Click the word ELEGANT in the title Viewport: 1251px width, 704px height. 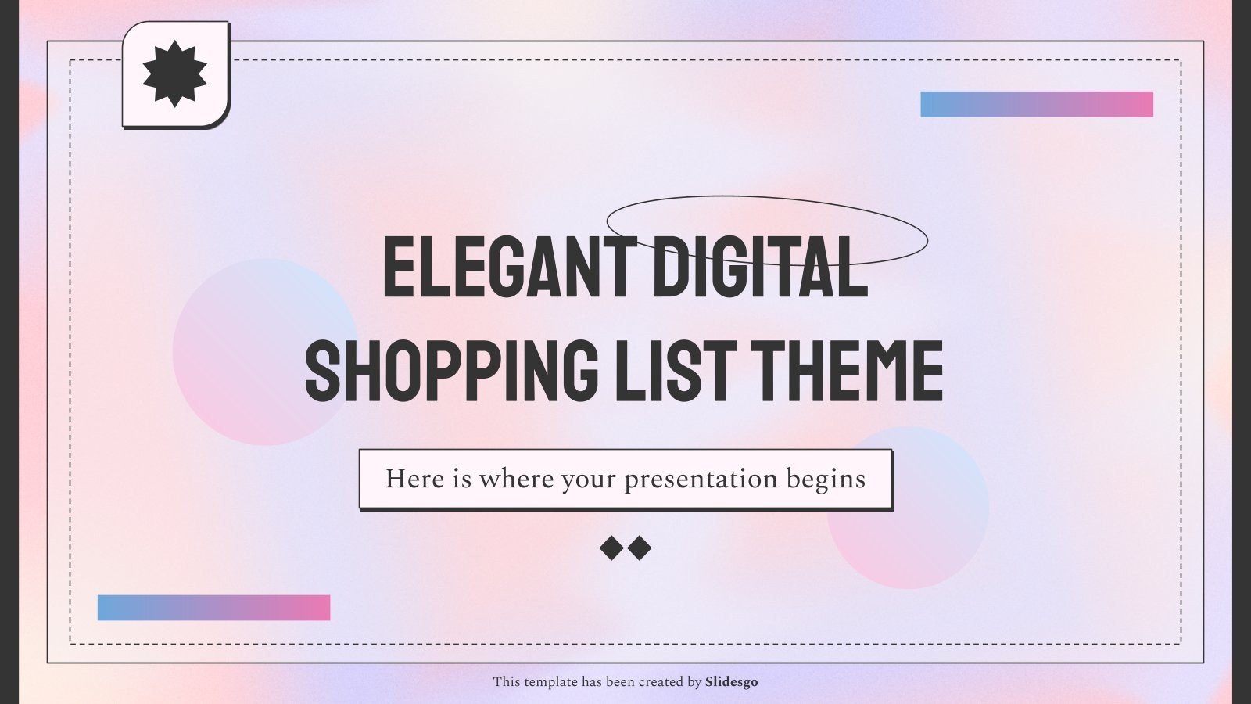[509, 268]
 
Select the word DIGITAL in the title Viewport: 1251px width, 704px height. [760, 268]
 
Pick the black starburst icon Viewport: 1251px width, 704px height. [175, 74]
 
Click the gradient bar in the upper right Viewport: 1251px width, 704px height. [1037, 104]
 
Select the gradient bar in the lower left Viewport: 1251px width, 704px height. [213, 608]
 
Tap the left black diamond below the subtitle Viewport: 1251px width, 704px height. [611, 548]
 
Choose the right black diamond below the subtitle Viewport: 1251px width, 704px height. [640, 548]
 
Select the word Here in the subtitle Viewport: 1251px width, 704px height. [414, 479]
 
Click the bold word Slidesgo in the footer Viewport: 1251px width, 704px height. [731, 682]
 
